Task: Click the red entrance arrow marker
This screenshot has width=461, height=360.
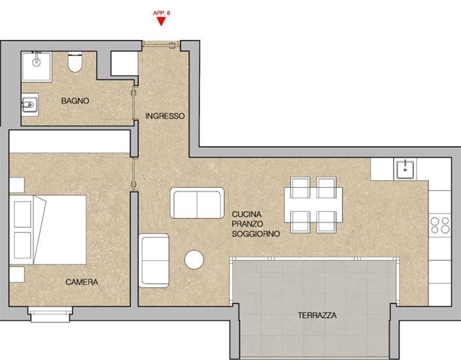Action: pos(161,22)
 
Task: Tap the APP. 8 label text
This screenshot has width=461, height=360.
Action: pos(161,12)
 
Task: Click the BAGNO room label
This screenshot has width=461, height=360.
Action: pos(75,101)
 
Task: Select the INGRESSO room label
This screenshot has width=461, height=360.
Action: pos(165,116)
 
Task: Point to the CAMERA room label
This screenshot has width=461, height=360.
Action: pos(82,282)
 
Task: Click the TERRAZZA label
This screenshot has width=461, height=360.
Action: pos(316,315)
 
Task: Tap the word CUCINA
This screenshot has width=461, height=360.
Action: pos(247,214)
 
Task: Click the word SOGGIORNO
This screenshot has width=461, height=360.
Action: pos(256,233)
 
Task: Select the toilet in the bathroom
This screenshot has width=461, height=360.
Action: pos(75,64)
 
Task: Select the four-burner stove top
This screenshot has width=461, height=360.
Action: pos(439,225)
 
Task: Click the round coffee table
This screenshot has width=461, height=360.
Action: pos(195,260)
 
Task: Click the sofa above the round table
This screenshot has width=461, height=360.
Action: pos(197,203)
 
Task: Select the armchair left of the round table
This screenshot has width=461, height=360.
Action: pos(155,259)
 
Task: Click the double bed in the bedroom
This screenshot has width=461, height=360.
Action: pos(50,229)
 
